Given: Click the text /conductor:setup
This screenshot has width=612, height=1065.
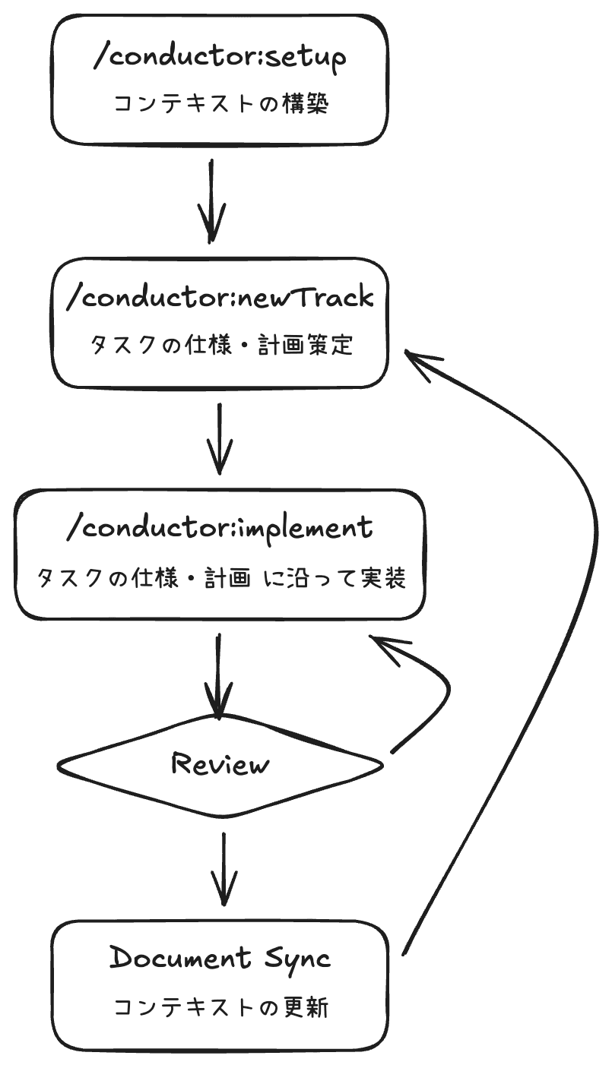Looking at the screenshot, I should coord(220,58).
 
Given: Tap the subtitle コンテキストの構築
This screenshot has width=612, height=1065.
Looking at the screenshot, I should coord(220,104).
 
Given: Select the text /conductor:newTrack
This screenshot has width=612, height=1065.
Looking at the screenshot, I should coord(220,297).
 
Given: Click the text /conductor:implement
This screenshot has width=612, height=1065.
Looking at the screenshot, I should coord(220,527).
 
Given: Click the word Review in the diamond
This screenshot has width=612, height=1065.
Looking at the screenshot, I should coord(220,763).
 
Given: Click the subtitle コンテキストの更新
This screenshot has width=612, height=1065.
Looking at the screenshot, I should coord(220,1007).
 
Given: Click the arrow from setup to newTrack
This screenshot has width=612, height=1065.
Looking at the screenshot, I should coord(212,201).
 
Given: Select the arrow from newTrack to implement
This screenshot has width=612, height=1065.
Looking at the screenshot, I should coord(220,439).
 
